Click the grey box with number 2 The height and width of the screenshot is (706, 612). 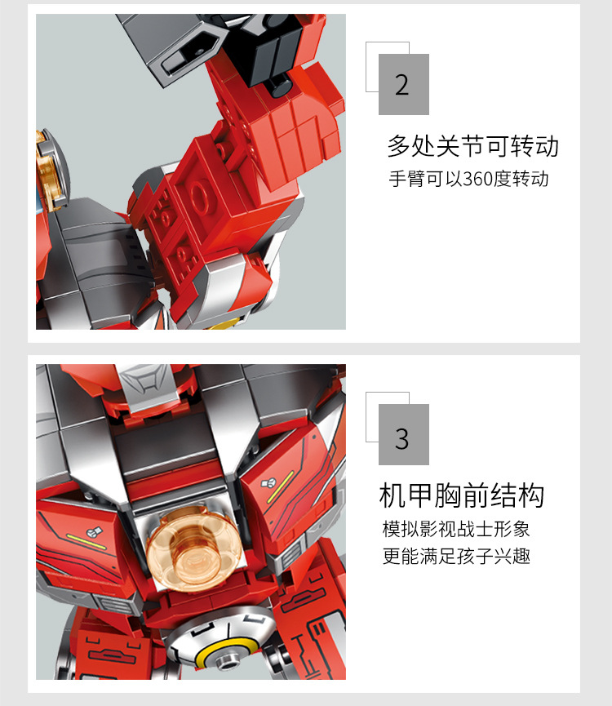pyautogui.click(x=404, y=84)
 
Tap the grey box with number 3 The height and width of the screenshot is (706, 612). pyautogui.click(x=404, y=434)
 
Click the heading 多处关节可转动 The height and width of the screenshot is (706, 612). pyautogui.click(x=473, y=146)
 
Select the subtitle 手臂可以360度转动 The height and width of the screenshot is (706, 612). pyautogui.click(x=468, y=179)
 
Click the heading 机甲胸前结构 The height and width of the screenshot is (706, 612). pyautogui.click(x=462, y=495)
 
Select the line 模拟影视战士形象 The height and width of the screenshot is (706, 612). pyautogui.click(x=456, y=529)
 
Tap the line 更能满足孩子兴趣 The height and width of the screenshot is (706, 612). pyautogui.click(x=456, y=556)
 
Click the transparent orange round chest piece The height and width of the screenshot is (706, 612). pyautogui.click(x=192, y=547)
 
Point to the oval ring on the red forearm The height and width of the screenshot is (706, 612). pyautogui.click(x=197, y=198)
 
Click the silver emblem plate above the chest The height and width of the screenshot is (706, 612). pyautogui.click(x=145, y=385)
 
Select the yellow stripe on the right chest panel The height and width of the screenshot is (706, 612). pyautogui.click(x=281, y=486)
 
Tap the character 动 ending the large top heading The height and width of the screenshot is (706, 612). pyautogui.click(x=547, y=146)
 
